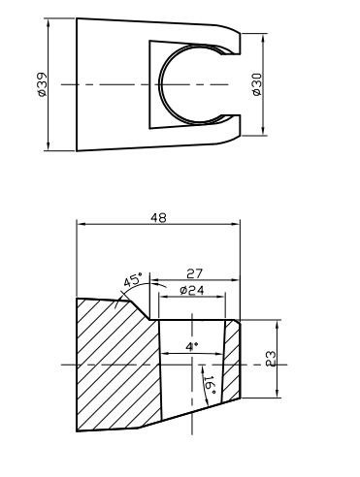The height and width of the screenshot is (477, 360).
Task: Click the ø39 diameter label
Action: pyautogui.click(x=42, y=84)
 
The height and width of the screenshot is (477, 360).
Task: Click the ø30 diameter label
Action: pyautogui.click(x=257, y=84)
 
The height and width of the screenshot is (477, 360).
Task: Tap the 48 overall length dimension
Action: pyautogui.click(x=158, y=218)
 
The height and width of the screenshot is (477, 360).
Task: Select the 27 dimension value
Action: pyautogui.click(x=194, y=274)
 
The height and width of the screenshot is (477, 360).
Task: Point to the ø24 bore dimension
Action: pyautogui.click(x=192, y=291)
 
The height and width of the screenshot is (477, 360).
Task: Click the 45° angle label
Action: pyautogui.click(x=133, y=280)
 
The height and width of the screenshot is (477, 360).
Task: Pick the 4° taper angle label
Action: pyautogui.click(x=192, y=347)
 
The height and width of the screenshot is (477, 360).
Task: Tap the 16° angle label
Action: pyautogui.click(x=211, y=385)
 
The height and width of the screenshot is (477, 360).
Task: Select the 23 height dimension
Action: pyautogui.click(x=271, y=359)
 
